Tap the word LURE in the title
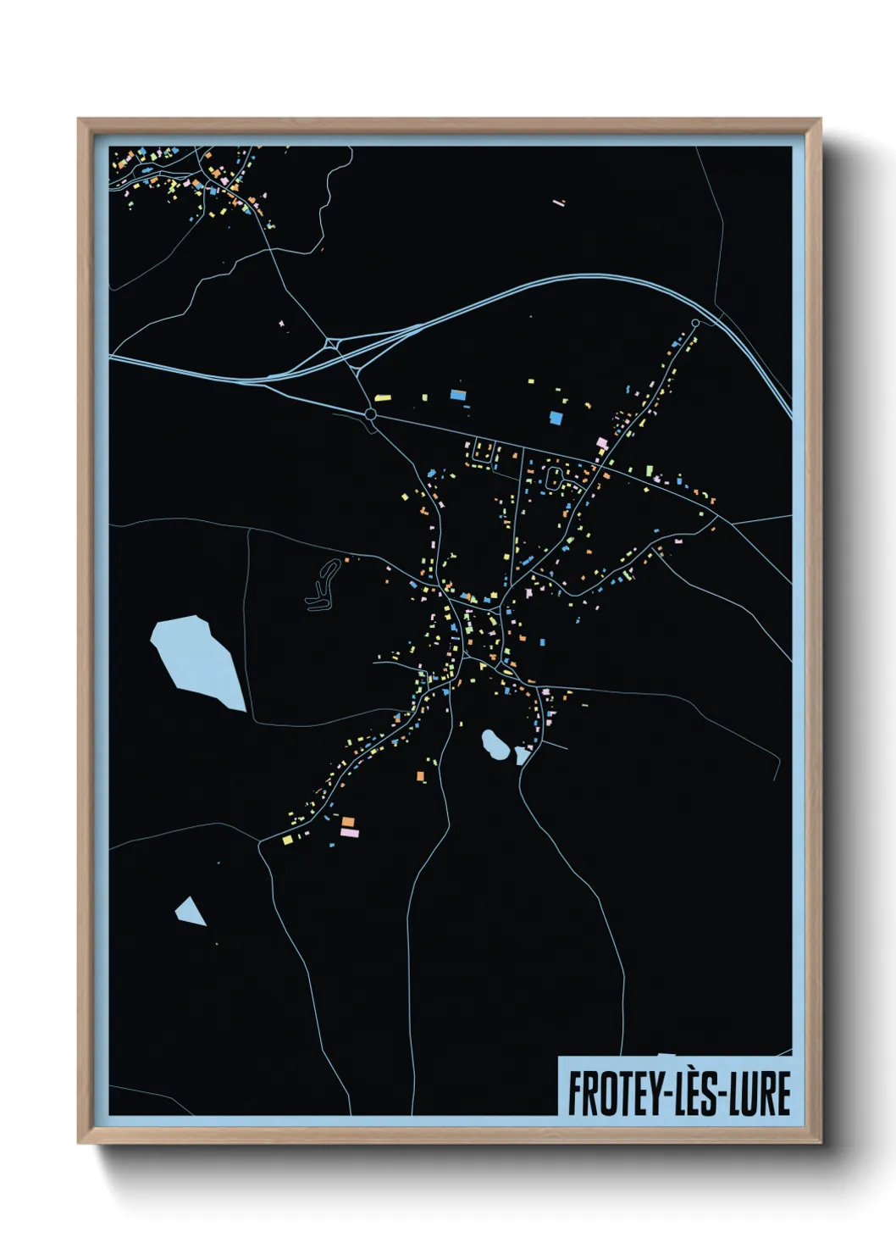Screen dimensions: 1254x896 [x=759, y=1093]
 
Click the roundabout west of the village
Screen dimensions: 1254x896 [x=370, y=414]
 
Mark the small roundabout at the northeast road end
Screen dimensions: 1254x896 [x=695, y=323]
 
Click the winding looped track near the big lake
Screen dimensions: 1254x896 [x=323, y=585]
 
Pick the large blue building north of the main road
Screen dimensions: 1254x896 [x=556, y=418]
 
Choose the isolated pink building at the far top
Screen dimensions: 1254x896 [x=558, y=203]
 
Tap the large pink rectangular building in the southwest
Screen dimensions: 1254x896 [x=350, y=833]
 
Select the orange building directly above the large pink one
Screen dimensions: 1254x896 [x=347, y=821]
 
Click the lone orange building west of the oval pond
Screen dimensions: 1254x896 [x=420, y=775]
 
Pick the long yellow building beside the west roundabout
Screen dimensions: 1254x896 [x=383, y=397]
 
